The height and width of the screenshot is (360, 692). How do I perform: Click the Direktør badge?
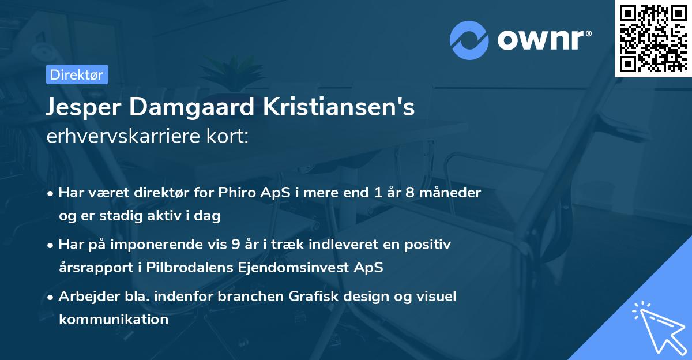click(77, 74)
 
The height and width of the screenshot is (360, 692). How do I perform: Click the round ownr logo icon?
click(469, 41)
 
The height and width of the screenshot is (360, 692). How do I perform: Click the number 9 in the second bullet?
click(235, 244)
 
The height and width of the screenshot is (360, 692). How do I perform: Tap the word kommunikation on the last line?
click(113, 319)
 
